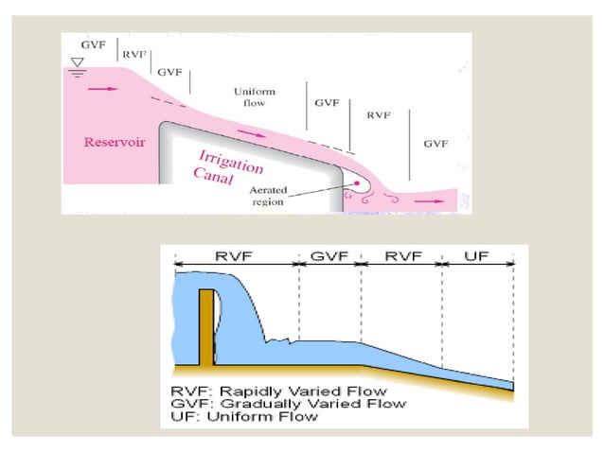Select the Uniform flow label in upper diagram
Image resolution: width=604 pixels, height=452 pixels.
tap(254, 96)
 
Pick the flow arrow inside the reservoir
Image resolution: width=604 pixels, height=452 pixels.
tap(106, 89)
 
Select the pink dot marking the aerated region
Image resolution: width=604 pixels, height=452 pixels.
tap(356, 184)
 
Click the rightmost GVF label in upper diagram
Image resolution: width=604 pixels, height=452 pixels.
tap(435, 143)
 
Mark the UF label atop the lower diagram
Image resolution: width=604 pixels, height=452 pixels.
tap(479, 255)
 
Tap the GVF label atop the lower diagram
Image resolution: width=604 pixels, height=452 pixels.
tap(329, 255)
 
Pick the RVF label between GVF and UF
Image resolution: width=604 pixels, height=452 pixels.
tap(402, 255)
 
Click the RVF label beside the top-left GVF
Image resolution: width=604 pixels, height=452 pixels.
tap(134, 55)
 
